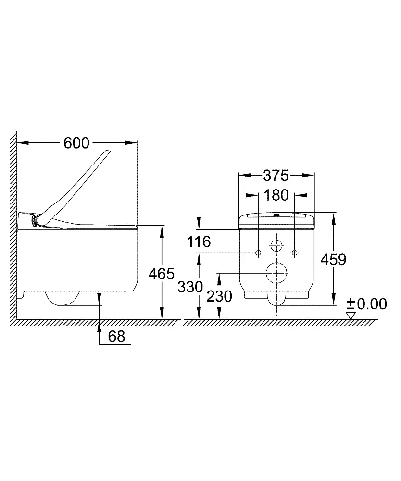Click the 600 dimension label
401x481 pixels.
point(76,143)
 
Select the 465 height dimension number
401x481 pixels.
point(161,274)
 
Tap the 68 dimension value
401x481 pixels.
point(116,336)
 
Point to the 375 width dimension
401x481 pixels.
point(276,176)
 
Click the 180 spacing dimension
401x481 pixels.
point(276,195)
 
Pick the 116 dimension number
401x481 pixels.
point(199,241)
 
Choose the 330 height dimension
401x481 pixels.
point(190,287)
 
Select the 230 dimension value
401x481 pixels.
point(219,296)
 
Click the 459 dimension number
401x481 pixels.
point(333,260)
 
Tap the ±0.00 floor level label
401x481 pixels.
point(367,304)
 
